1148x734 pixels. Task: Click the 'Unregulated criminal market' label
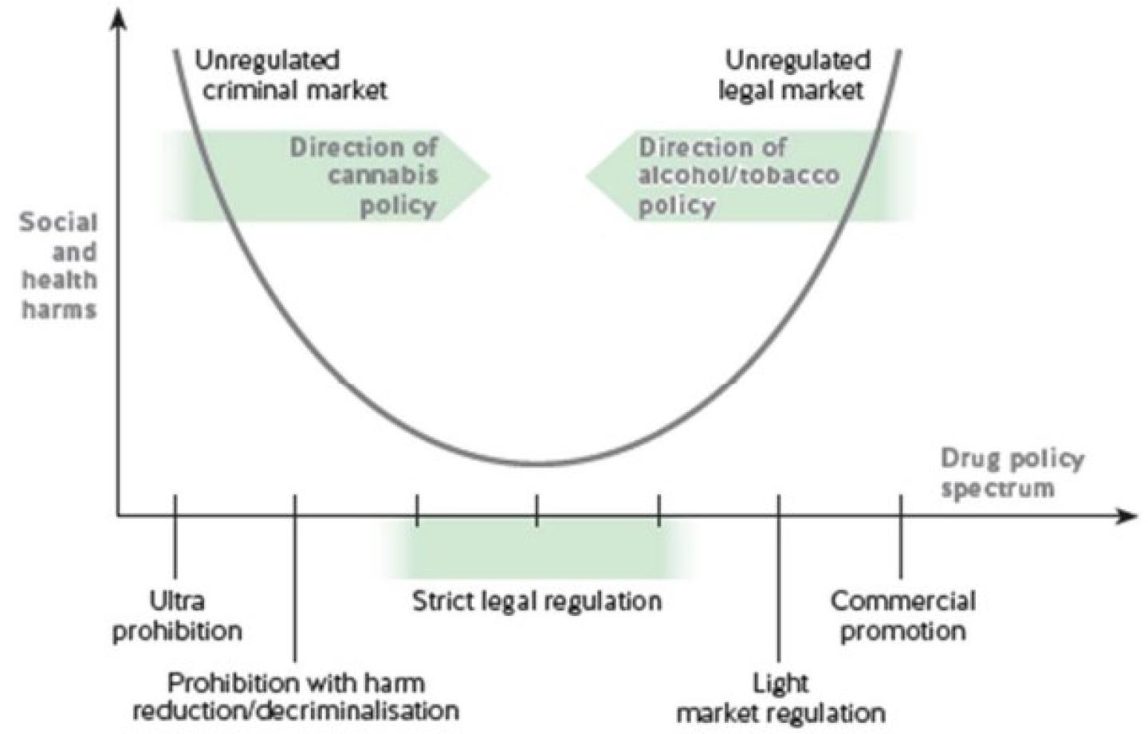tap(290, 75)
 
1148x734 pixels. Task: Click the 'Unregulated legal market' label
tap(794, 75)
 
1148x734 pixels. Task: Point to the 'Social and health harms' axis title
tap(59, 265)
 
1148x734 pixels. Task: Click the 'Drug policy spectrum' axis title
tap(1010, 473)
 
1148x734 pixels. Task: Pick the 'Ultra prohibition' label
tap(177, 615)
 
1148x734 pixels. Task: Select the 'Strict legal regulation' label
tap(537, 601)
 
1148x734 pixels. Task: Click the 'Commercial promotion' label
tap(902, 615)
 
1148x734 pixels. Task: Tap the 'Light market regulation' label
tap(780, 697)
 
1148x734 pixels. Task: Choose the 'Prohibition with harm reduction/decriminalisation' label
tap(295, 696)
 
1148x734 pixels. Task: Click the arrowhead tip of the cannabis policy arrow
tap(489, 176)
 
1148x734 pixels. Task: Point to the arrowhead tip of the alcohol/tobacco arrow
tap(588, 176)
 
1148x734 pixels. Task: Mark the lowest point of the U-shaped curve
tap(538, 464)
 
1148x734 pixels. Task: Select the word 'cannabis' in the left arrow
tap(383, 175)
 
